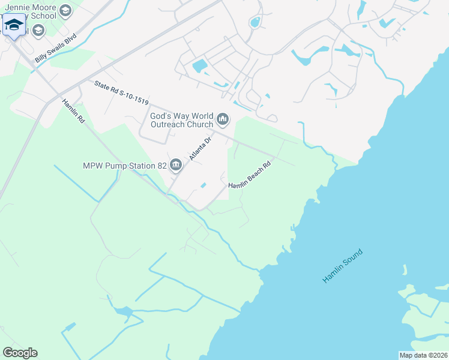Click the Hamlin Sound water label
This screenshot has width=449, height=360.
(343, 264)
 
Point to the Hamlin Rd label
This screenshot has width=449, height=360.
(73, 112)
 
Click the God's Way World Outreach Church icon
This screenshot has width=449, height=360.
(223, 119)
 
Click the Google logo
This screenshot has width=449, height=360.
(20, 353)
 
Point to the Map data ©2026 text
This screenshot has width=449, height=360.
(423, 355)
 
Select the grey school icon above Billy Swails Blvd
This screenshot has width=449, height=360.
(38, 30)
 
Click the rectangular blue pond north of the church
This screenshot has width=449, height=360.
(199, 65)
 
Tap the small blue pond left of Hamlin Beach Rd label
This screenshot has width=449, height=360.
(204, 185)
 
